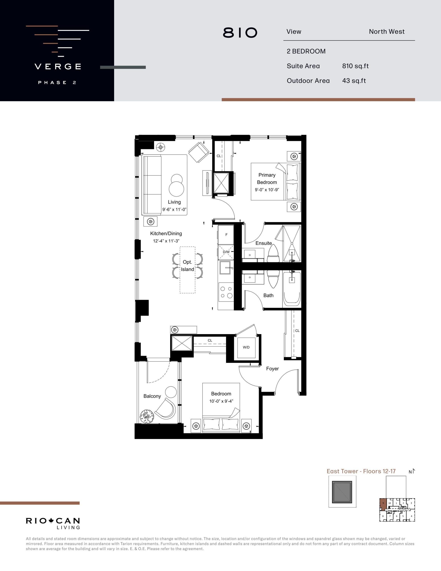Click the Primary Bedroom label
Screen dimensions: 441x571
[267, 179]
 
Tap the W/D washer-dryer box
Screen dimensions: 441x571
[246, 348]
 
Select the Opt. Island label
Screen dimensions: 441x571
[188, 266]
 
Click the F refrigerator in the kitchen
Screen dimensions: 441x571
[226, 234]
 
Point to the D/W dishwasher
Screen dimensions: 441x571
[226, 252]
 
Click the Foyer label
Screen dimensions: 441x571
[272, 369]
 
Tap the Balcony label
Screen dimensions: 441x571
[152, 396]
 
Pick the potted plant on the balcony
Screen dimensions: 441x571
[147, 416]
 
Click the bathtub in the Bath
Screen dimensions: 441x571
[292, 289]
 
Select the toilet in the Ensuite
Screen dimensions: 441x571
[273, 253]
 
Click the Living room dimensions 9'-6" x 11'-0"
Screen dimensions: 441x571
[174, 209]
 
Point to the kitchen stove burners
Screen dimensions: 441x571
[226, 292]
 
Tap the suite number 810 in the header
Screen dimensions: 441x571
[240, 33]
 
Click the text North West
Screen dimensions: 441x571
[387, 32]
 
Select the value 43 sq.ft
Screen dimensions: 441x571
[354, 81]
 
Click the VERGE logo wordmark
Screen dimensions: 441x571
[58, 66]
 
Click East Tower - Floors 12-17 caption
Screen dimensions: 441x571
[361, 471]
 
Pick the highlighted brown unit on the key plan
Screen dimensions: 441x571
[383, 504]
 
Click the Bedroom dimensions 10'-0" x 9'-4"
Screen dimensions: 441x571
[221, 401]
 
